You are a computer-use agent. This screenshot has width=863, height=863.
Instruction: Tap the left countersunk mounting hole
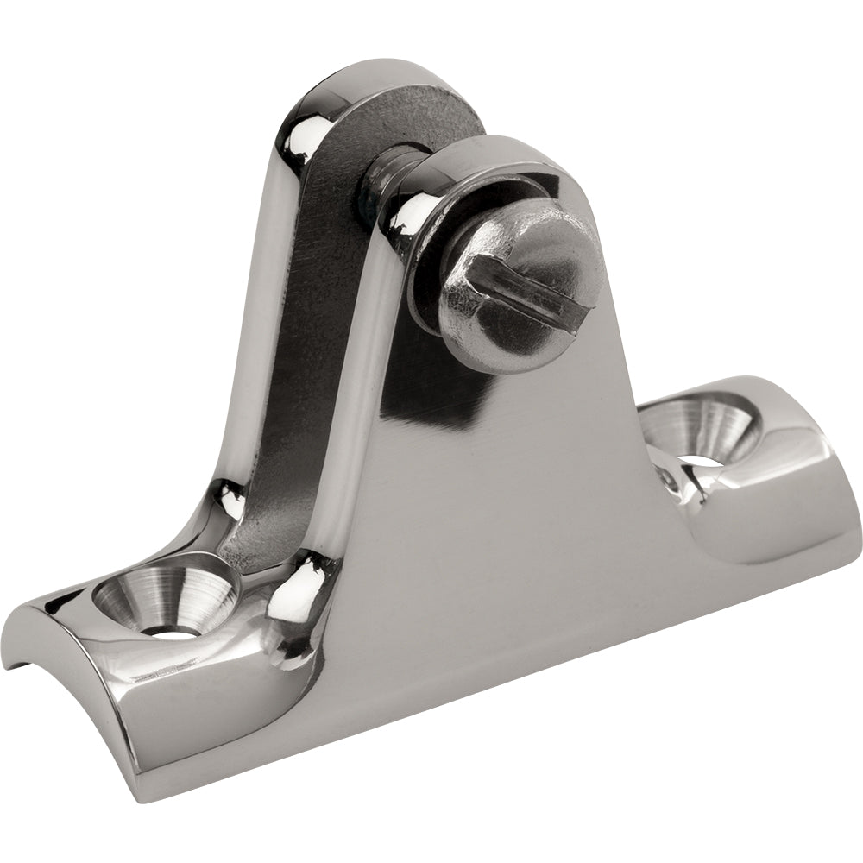click(x=164, y=599)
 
